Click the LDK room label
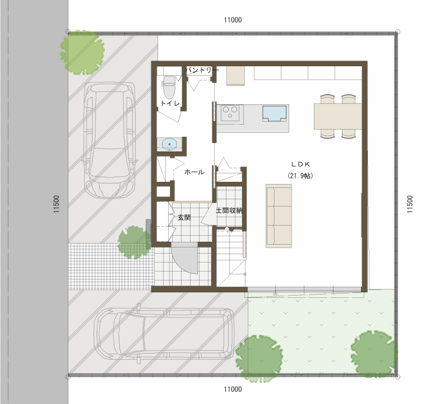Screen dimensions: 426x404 point(300,164)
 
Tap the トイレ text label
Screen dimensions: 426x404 point(170,103)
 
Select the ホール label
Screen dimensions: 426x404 point(195,172)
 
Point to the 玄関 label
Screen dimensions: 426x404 point(184,217)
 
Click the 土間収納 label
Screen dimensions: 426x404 point(229,210)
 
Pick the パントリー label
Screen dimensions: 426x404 point(202,70)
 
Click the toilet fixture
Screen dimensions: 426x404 point(169,87)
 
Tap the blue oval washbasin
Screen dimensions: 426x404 point(169,144)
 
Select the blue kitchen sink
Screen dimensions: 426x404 point(274,113)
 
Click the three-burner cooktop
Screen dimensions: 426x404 point(230,113)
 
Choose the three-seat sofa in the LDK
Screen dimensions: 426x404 point(279,216)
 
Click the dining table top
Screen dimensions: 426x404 point(337,116)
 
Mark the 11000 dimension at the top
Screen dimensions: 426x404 point(233,20)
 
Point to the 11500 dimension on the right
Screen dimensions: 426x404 point(410,204)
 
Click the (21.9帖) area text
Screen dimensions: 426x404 point(300,176)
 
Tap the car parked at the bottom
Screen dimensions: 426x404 point(164,336)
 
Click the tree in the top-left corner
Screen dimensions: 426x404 point(82,52)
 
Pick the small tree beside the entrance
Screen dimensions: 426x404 point(134,242)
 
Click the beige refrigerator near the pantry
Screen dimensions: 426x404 point(236,76)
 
